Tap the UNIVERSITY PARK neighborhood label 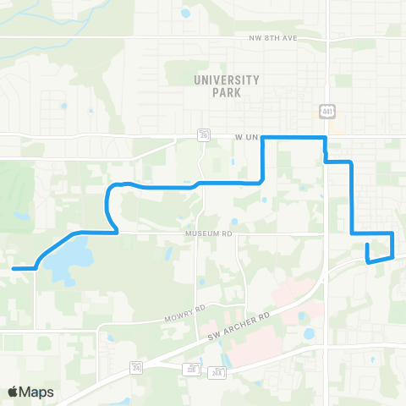tap(226, 85)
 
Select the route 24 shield tap(135, 365)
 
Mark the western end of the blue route tap(14, 268)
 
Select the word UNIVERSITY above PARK tap(226, 80)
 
